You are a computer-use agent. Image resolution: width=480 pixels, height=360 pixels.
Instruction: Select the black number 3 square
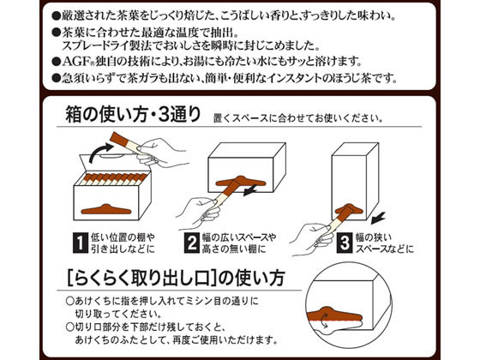[x=345, y=243]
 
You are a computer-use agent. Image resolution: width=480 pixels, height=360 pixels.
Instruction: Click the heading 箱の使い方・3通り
[x=133, y=114]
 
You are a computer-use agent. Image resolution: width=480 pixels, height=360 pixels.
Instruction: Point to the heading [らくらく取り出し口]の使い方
[x=176, y=278]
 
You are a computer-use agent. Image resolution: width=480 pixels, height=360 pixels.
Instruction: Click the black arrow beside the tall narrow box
[x=377, y=218]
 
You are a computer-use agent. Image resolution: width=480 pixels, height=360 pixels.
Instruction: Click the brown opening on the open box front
[x=106, y=209]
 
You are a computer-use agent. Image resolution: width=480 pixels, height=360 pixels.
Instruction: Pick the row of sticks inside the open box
[x=114, y=179]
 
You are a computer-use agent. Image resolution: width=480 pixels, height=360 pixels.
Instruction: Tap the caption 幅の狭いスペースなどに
[x=385, y=243]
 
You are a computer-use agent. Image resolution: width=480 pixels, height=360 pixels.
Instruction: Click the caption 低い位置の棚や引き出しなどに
[x=123, y=243]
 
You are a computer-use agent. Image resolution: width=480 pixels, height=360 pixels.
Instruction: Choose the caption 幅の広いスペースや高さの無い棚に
[x=239, y=243]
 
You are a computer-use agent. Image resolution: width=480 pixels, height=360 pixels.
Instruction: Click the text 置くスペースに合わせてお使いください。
[x=298, y=118]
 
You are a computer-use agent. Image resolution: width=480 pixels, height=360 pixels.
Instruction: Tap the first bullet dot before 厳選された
[x=57, y=15]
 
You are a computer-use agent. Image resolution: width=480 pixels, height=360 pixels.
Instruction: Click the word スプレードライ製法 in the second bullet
[x=107, y=46]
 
